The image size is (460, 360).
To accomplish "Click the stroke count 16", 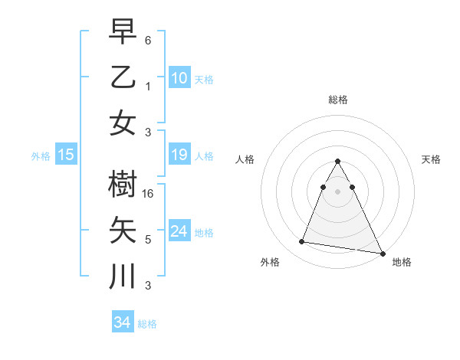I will pyautogui.click(x=149, y=195).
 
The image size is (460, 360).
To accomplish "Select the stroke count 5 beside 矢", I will pyautogui.click(x=148, y=240).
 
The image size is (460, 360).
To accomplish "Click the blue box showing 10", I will pyautogui.click(x=179, y=77).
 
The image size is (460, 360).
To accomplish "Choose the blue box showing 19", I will pyautogui.click(x=179, y=155).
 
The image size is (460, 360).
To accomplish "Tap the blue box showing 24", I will pyautogui.click(x=179, y=231).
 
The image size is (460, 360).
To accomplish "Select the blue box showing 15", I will pyautogui.click(x=66, y=155).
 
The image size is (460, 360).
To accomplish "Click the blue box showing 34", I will pyautogui.click(x=123, y=322).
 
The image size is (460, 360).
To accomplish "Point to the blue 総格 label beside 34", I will pyautogui.click(x=147, y=324).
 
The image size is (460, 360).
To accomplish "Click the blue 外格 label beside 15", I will pyautogui.click(x=41, y=156).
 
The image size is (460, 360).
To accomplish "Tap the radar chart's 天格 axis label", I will pyautogui.click(x=432, y=159).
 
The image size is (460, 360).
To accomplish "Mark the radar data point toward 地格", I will pyautogui.click(x=383, y=254).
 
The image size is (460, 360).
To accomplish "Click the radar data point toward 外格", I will pyautogui.click(x=301, y=242).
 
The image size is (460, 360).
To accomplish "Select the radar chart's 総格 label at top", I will pyautogui.click(x=338, y=100).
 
